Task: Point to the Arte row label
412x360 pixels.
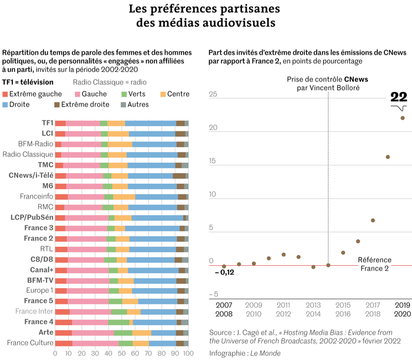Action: [46, 332]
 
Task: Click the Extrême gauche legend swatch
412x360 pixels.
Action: [6, 94]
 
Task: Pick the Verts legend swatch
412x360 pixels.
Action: [124, 94]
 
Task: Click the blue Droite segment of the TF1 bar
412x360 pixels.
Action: [150, 123]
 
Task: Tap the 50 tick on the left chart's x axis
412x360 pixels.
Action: [122, 354]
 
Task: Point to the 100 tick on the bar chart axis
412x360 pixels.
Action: [188, 354]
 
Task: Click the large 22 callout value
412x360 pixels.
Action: [399, 98]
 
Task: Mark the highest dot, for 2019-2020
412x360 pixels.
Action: [403, 118]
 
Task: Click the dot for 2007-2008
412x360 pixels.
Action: [224, 266]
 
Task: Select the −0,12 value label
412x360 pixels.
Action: [224, 272]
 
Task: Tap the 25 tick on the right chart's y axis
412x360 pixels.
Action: [214, 95]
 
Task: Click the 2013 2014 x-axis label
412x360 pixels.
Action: [314, 310]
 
